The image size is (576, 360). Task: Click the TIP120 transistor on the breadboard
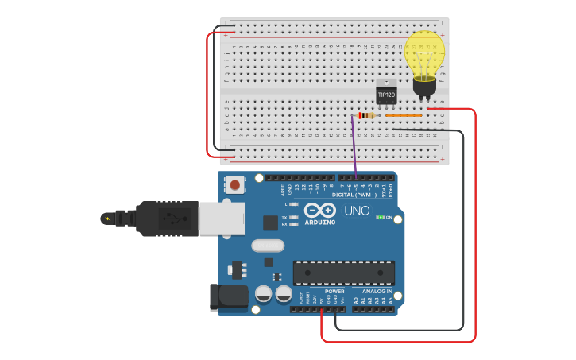[386, 93]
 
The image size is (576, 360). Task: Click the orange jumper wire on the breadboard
[404, 116]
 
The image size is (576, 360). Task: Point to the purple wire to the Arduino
[354, 147]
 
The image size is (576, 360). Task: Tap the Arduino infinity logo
[319, 211]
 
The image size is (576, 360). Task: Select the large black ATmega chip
[343, 273]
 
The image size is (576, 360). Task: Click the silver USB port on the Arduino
[222, 219]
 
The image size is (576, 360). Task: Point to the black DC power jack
[227, 297]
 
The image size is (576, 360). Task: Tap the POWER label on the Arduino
[334, 292]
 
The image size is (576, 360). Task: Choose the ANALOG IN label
[378, 292]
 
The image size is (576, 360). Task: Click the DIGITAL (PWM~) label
[354, 195]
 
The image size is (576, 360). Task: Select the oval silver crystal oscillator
[267, 246]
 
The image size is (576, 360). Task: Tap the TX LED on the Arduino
[294, 217]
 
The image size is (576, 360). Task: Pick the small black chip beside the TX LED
[270, 223]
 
